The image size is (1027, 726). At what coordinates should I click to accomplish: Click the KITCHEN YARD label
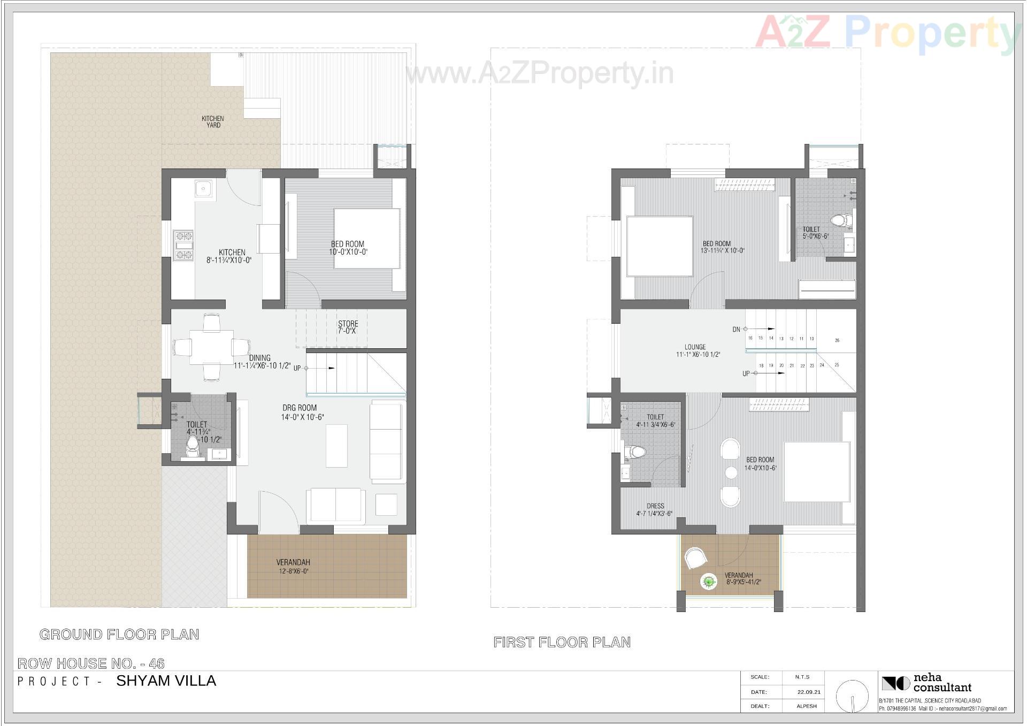coord(213,122)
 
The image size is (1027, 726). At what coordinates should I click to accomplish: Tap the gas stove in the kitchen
coord(183,245)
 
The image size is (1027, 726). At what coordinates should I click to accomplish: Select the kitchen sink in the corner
coord(203,189)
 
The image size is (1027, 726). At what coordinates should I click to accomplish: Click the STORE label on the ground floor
coord(348,324)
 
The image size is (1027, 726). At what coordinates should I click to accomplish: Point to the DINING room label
coord(260,358)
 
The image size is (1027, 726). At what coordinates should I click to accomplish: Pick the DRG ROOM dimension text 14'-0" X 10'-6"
coord(303,417)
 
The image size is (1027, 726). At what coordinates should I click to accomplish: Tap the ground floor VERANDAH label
coord(293,562)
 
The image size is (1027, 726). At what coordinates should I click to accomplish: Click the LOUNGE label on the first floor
coord(695,347)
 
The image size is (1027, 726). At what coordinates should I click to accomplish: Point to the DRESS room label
coord(655,506)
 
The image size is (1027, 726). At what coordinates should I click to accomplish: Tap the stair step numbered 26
coord(837,340)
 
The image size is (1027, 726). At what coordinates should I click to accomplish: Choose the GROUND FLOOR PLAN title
coord(119,635)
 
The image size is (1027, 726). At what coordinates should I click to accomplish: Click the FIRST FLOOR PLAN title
coord(562,642)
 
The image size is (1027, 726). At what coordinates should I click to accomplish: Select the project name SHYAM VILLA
coord(166,681)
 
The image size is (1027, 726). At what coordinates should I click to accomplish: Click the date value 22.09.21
coord(809,692)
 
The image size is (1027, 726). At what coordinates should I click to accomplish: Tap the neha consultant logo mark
coord(895,683)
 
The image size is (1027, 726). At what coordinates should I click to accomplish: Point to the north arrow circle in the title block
coord(852,696)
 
